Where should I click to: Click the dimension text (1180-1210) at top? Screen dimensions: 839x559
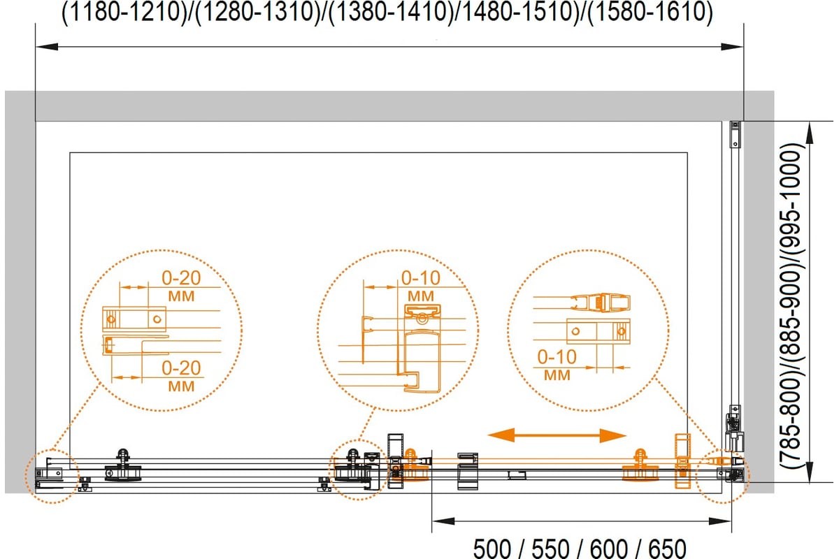coord(124,12)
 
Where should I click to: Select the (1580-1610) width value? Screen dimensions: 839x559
coord(650,12)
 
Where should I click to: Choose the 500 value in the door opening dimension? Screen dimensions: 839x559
coord(492,549)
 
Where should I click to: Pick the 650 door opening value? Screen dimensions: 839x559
coord(667,549)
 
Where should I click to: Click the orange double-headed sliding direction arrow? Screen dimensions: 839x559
coord(557,435)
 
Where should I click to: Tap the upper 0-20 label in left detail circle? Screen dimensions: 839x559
coord(181,278)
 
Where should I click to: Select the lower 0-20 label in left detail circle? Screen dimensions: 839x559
coord(181,368)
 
